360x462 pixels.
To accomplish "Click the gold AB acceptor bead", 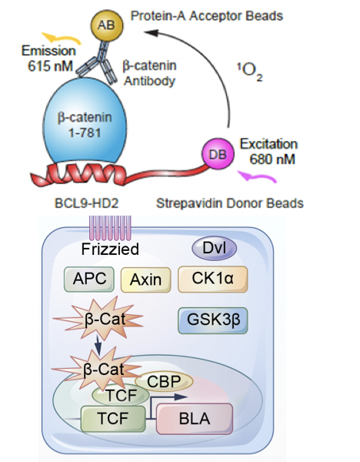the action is [x=106, y=25].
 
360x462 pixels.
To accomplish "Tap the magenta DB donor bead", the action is [x=218, y=154].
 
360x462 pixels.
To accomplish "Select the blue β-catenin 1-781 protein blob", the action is [x=85, y=122].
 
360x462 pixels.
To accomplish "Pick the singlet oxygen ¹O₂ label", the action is [x=250, y=71].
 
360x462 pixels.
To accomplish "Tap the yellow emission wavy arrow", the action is [x=62, y=38].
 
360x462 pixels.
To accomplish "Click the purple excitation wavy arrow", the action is [x=257, y=176].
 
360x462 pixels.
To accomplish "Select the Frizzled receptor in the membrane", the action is [x=110, y=228].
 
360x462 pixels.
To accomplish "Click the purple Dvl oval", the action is [x=215, y=249].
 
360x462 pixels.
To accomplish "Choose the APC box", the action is [x=89, y=279].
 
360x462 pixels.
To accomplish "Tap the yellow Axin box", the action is [x=145, y=280].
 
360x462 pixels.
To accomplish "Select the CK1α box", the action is [x=212, y=279].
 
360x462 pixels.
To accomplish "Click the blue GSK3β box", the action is [x=213, y=320].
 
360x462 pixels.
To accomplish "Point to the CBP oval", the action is [x=164, y=381].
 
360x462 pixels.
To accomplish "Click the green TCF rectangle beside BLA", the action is [x=113, y=419].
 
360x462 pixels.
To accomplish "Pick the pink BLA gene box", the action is [x=195, y=419].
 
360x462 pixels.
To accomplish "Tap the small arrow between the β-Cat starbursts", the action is [x=98, y=345].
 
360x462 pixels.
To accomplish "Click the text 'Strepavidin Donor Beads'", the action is [x=230, y=203].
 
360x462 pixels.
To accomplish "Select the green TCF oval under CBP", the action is [x=121, y=395].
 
